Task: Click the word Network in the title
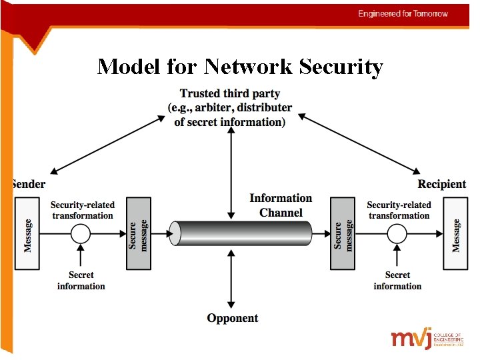coord(248,67)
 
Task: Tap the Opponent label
coord(233,319)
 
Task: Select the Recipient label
coord(442,184)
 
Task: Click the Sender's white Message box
coord(27,233)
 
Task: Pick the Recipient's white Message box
coord(455,233)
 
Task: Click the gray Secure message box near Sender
coord(139,233)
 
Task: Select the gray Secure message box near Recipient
coord(343,233)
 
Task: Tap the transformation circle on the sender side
coord(81,234)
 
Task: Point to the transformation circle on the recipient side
coord(397,234)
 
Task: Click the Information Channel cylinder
coord(241,233)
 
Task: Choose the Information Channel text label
coord(281,205)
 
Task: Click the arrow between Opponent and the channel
coord(231,279)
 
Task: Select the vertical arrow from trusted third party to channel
coord(231,173)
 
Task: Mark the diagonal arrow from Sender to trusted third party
coord(108,145)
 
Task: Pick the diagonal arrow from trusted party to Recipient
coord(359,144)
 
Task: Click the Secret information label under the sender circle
coord(81,281)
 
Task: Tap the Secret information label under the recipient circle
coord(397,281)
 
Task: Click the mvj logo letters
coord(411,338)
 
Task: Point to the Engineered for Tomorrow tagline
coord(403,14)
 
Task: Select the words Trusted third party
coord(230,94)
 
